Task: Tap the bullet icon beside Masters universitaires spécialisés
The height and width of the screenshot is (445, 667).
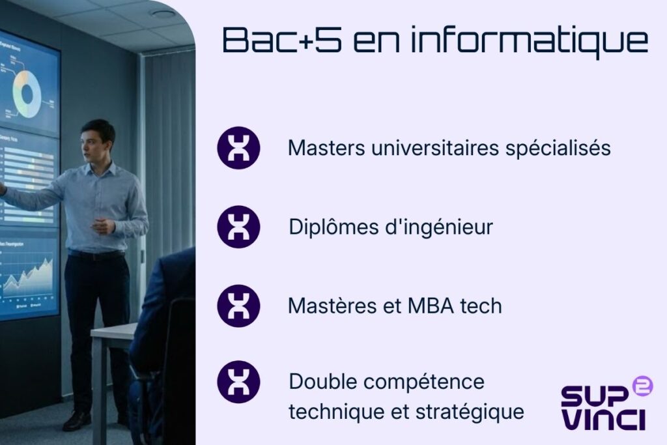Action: (x=238, y=148)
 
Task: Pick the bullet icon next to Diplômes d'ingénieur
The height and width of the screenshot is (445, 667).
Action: (x=238, y=227)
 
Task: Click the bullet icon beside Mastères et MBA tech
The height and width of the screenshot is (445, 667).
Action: (x=238, y=306)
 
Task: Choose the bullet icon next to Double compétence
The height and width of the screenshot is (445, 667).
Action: (x=238, y=382)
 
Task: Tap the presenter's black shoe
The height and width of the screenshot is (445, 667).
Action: (x=77, y=421)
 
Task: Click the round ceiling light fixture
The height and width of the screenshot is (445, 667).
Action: (x=162, y=14)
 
